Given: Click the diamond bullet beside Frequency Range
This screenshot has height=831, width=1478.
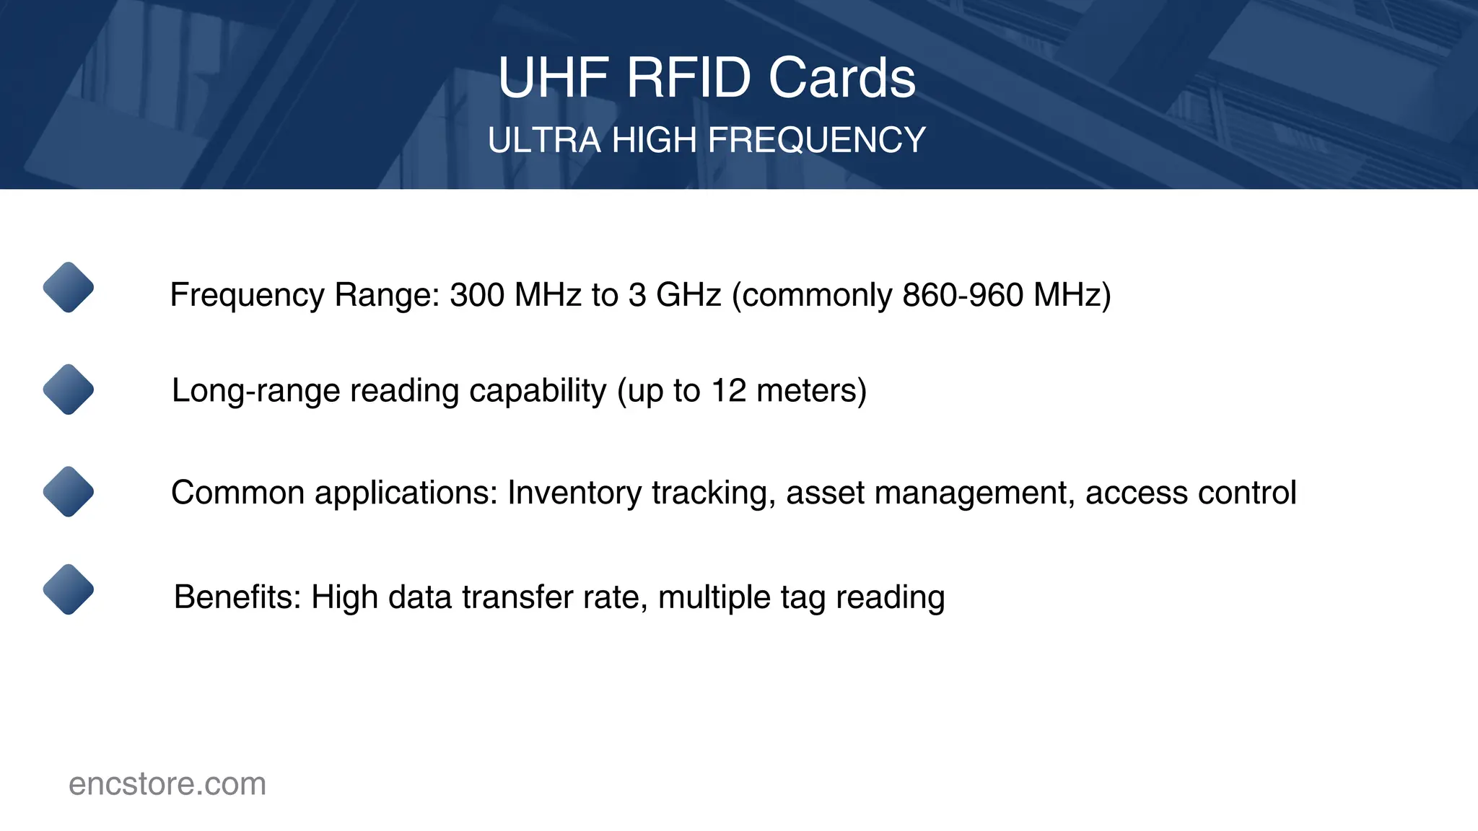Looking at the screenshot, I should click(x=69, y=287).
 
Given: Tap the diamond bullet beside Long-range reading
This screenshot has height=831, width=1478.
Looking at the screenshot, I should click(x=69, y=390).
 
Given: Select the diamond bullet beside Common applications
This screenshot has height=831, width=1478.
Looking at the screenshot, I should click(x=69, y=491).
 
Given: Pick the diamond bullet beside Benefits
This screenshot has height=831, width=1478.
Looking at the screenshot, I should click(x=69, y=589).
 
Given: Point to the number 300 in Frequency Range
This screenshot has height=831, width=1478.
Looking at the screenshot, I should click(x=477, y=295).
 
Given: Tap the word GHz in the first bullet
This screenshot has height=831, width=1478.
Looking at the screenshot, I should click(x=688, y=295).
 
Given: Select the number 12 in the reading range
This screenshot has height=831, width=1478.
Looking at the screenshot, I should click(x=728, y=391).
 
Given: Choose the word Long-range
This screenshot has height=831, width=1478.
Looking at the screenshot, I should click(x=255, y=391).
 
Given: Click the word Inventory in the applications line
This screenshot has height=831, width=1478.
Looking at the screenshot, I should click(x=574, y=493).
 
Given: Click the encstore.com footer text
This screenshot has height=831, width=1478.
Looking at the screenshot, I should click(x=167, y=784).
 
